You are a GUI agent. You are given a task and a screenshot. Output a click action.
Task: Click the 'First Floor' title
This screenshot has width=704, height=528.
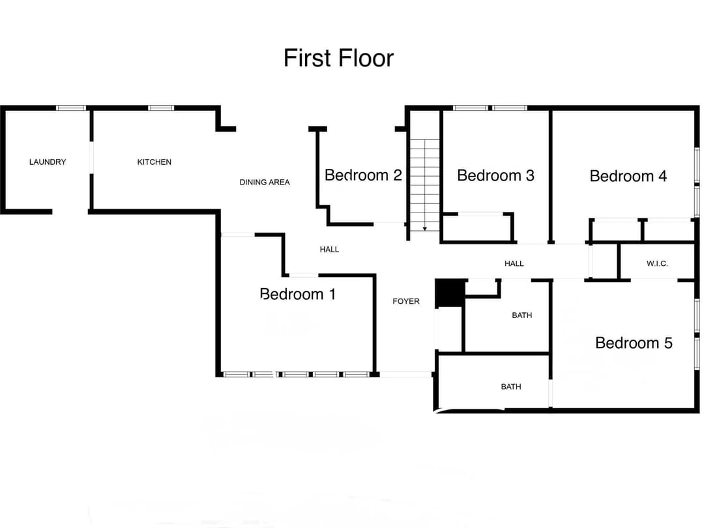[338, 58]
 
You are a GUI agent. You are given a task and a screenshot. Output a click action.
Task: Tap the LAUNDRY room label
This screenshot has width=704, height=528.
[48, 162]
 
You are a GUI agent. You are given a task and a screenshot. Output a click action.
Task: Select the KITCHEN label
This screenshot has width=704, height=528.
[154, 162]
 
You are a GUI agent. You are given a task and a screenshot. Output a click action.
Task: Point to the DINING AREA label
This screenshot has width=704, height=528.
[265, 182]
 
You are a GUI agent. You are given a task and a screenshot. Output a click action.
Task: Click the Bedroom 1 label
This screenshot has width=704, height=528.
[298, 294]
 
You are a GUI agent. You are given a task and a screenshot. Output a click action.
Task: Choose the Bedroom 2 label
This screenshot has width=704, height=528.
[363, 175]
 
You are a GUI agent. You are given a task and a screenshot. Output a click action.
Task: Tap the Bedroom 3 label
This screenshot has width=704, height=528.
[495, 175]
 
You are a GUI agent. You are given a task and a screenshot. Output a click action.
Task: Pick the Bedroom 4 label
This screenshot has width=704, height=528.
[628, 175]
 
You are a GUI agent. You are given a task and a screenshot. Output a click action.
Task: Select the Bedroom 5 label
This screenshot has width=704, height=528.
[634, 342]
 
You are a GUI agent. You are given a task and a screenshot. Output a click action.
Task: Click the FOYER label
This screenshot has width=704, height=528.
[406, 301]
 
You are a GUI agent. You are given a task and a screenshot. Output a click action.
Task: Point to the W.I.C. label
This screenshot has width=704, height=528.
[657, 263]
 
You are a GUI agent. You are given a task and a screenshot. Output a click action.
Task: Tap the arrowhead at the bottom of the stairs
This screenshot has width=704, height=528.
[424, 229]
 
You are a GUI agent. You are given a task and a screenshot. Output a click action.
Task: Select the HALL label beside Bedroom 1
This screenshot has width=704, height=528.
[329, 249]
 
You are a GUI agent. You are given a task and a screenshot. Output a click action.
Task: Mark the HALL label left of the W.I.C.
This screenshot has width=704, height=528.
[514, 263]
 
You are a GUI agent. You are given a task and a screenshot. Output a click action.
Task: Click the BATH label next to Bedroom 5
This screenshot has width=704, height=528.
[521, 315]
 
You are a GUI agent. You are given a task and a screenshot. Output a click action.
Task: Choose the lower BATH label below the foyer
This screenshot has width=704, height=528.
[511, 387]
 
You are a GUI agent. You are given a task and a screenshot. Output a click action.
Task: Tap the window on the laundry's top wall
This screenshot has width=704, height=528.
[71, 108]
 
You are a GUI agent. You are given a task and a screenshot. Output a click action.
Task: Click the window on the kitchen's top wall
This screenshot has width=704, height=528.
[161, 108]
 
